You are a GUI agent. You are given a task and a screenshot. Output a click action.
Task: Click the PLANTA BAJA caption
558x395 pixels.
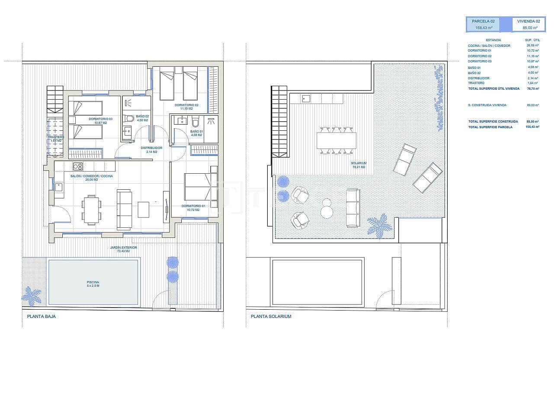coord(41,316)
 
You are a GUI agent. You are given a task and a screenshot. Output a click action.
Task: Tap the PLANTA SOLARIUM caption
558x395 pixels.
coord(271,316)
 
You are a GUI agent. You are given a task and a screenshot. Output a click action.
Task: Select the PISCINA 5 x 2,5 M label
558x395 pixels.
coord(93,284)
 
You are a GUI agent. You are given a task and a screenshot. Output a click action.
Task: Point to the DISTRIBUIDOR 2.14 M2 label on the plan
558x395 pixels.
coord(151,150)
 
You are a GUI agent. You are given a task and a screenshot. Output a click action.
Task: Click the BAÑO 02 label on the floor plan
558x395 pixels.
coord(142,118)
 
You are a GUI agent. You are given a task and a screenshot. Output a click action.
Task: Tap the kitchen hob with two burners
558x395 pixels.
coord(77,166)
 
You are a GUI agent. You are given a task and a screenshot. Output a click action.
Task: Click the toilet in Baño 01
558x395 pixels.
coord(195,121)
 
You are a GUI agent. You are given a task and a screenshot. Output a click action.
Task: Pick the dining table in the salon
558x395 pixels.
coord(91,210)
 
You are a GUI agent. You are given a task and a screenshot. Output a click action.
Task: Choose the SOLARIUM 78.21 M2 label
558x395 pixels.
coord(359,165)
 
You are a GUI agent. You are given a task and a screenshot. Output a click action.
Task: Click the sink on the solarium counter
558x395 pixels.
coord(306,98)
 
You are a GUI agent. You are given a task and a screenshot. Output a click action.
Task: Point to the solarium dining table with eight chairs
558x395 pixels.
coord(337,140)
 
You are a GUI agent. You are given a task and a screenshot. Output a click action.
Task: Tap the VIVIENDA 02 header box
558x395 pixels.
coord(529,24)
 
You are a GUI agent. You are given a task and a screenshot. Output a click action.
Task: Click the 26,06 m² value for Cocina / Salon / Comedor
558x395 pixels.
coord(532,45)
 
